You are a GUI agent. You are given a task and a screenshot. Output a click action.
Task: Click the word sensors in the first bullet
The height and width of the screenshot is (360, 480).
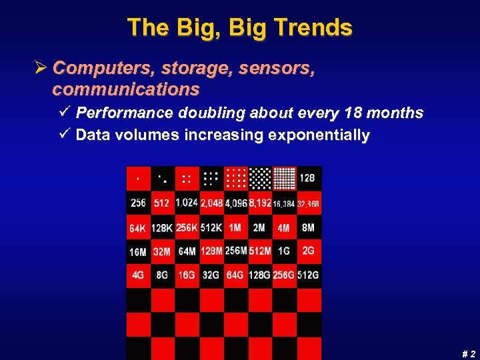tap(278, 68)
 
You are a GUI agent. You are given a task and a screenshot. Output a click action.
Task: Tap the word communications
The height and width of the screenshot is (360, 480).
tap(126, 89)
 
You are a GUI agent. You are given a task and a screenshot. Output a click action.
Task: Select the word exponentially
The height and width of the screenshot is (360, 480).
tap(319, 135)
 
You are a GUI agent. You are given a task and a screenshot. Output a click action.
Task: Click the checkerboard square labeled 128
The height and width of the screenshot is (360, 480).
tap(309, 178)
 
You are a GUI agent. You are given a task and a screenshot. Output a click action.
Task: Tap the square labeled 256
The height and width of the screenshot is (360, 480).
tap(138, 203)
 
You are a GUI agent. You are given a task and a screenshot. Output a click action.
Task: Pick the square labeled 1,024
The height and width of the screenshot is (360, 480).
tap(187, 203)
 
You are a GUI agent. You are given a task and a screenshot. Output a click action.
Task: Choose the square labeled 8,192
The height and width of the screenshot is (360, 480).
tap(260, 203)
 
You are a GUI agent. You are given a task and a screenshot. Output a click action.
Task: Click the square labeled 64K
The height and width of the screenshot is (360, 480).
tap(138, 227)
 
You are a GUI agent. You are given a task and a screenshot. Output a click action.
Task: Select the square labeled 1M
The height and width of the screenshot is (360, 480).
tap(235, 227)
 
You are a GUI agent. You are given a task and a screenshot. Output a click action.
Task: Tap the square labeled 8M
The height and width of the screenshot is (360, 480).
tap(309, 227)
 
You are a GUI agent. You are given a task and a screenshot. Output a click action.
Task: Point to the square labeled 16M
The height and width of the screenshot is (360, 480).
tap(138, 251)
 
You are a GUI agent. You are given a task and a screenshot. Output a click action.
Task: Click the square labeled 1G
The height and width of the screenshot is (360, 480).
tap(284, 251)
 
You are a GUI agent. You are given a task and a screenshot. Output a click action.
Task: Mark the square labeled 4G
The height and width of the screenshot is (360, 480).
tap(138, 275)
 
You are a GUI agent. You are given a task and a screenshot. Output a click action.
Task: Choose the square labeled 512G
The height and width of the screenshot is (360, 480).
tap(309, 275)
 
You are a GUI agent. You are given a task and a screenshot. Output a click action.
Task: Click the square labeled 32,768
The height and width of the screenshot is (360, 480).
tap(309, 203)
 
